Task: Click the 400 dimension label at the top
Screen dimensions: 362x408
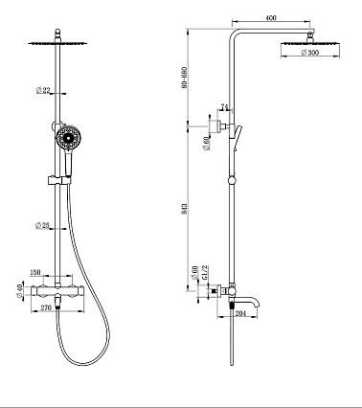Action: click(x=271, y=18)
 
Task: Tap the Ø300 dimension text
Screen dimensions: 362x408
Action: click(x=310, y=53)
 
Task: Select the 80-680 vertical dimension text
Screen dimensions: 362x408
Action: click(x=184, y=78)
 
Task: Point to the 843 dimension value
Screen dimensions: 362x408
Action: click(x=184, y=209)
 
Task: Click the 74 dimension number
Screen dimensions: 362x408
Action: click(x=225, y=107)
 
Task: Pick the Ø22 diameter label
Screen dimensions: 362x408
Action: click(x=43, y=90)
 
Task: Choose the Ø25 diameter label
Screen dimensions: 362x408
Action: click(x=42, y=226)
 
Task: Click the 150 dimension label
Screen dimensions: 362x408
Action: click(x=35, y=272)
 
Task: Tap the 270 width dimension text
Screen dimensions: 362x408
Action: click(x=46, y=308)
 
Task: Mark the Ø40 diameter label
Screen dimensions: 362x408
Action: click(x=20, y=291)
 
